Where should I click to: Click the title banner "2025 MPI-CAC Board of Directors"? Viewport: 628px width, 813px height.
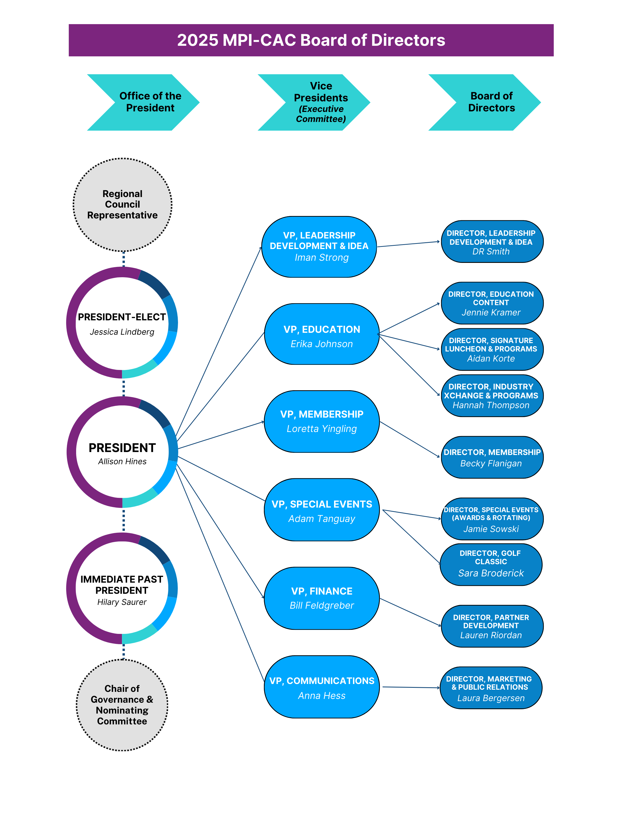pyautogui.click(x=311, y=40)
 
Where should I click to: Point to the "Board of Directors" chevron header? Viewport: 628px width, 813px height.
pyautogui.click(x=491, y=102)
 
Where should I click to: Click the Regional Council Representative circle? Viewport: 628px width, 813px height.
pyautogui.click(x=122, y=205)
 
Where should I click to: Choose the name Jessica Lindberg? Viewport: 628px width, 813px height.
pyautogui.click(x=122, y=332)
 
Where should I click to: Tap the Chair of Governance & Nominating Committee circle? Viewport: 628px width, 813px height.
pyautogui.click(x=122, y=705)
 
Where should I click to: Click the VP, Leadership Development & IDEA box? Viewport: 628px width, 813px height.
pyautogui.click(x=319, y=246)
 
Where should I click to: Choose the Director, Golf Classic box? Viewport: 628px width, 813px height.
pyautogui.click(x=491, y=564)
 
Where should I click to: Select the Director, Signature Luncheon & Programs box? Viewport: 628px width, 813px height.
pyautogui.click(x=492, y=349)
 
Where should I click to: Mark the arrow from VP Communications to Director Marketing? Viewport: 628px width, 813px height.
pyautogui.click(x=411, y=688)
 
